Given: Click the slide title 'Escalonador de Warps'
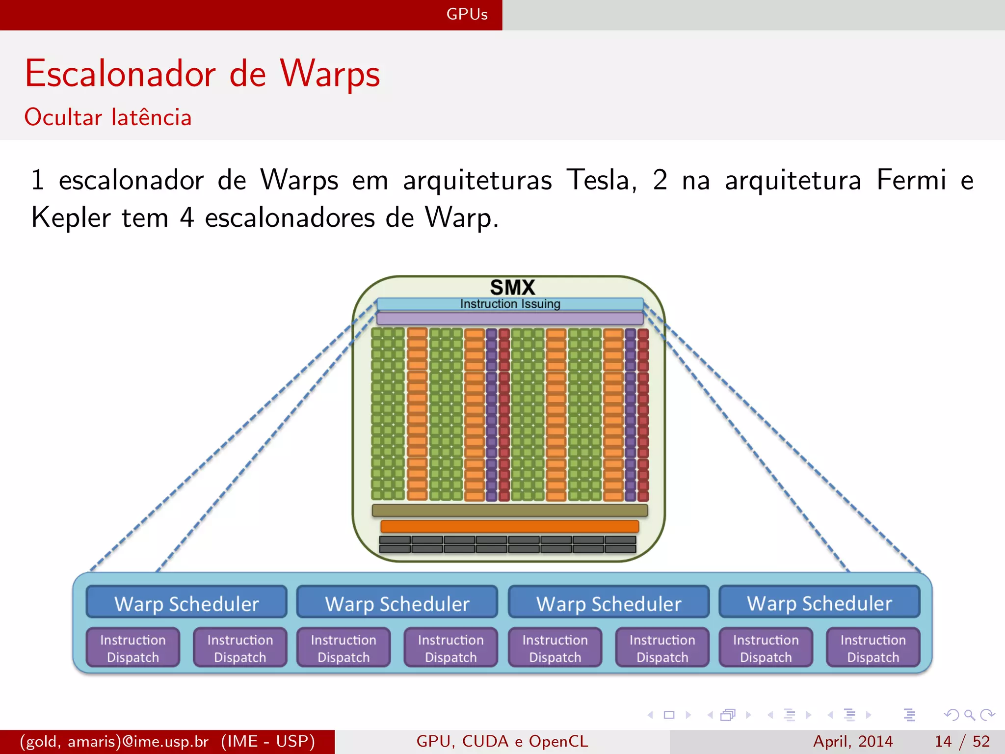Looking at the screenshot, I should pyautogui.click(x=202, y=74).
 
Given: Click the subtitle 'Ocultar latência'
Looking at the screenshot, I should pyautogui.click(x=108, y=117).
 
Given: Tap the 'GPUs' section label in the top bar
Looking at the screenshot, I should pyautogui.click(x=467, y=14).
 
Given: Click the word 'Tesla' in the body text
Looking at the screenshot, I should pyautogui.click(x=601, y=180).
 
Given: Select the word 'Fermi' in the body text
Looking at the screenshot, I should pyautogui.click(x=911, y=180).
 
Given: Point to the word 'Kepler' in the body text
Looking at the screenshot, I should pyautogui.click(x=71, y=217).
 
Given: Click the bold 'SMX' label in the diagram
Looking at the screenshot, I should pyautogui.click(x=512, y=287).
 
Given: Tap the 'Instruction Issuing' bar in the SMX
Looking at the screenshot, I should pyautogui.click(x=510, y=304).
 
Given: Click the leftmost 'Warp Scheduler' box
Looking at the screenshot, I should pyautogui.click(x=186, y=603).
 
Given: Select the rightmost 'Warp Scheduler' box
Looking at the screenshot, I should pyautogui.click(x=819, y=603).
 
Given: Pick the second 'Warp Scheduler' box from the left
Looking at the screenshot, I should pyautogui.click(x=397, y=603).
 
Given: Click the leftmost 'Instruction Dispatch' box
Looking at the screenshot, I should pyautogui.click(x=133, y=648).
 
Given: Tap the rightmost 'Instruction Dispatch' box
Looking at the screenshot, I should pyautogui.click(x=873, y=648).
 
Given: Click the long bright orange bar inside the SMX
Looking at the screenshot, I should pyautogui.click(x=509, y=526).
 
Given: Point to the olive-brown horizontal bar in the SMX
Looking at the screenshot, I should pyautogui.click(x=509, y=511).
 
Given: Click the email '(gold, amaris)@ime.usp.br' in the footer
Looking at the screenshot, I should pyautogui.click(x=114, y=741).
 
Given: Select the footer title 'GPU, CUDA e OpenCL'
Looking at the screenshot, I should pyautogui.click(x=502, y=741).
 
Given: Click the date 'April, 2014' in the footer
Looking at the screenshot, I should pyautogui.click(x=853, y=741).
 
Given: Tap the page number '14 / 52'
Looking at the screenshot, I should pyautogui.click(x=962, y=741).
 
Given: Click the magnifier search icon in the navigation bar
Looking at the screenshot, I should pyautogui.click(x=969, y=715).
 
